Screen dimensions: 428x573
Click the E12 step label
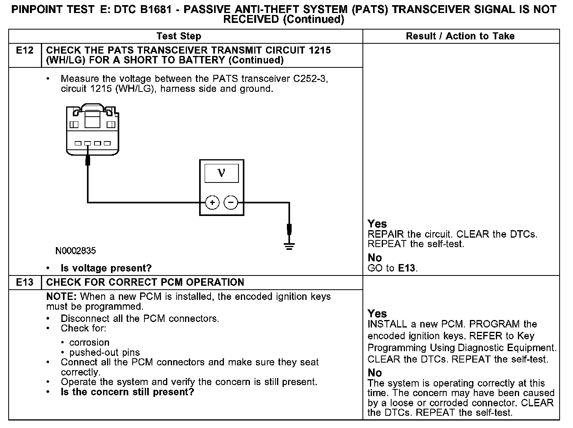[24, 50]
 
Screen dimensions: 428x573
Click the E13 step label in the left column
[24, 282]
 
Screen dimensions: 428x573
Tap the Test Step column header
[179, 36]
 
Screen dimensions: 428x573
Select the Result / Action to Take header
[460, 36]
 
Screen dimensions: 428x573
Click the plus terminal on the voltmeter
[212, 203]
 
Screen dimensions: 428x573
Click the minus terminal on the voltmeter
[231, 203]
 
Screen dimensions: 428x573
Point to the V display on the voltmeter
[221, 173]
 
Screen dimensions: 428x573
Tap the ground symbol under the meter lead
[289, 247]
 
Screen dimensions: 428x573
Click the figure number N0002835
[76, 251]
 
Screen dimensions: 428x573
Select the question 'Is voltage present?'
[106, 268]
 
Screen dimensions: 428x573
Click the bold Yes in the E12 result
[377, 224]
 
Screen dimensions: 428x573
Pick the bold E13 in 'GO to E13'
[407, 268]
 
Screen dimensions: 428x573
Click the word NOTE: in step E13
[62, 296]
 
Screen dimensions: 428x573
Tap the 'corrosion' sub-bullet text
[89, 342]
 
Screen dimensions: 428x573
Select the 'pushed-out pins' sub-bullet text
[104, 352]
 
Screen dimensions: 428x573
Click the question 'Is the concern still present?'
[127, 392]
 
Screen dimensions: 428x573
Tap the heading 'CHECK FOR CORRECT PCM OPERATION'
[145, 282]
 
